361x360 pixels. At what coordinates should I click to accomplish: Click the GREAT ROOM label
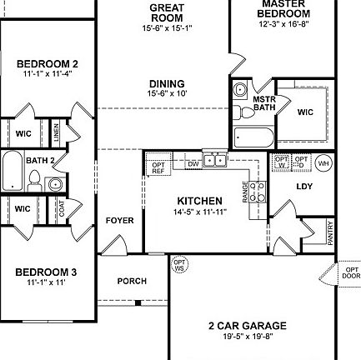click(x=167, y=12)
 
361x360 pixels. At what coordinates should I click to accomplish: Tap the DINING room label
click(x=167, y=84)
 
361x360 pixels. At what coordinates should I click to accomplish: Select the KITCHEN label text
click(x=200, y=201)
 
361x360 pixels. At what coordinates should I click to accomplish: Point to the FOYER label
click(x=120, y=221)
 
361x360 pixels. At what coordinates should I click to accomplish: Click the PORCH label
click(x=132, y=282)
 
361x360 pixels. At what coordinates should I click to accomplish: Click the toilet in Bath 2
click(x=34, y=177)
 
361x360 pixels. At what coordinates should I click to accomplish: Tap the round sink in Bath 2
click(x=54, y=183)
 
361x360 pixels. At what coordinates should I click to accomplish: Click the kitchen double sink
click(x=214, y=159)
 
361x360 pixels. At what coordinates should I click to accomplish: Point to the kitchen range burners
click(x=257, y=192)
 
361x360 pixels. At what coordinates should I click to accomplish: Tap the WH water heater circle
click(x=323, y=162)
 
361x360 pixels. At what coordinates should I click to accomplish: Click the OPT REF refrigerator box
click(x=157, y=167)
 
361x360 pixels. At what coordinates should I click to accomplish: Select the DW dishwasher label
click(x=193, y=164)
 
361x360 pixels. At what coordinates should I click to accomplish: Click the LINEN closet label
click(x=56, y=131)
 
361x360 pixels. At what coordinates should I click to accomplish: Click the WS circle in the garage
click(x=179, y=265)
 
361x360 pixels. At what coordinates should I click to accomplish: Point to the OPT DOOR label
click(x=351, y=272)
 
